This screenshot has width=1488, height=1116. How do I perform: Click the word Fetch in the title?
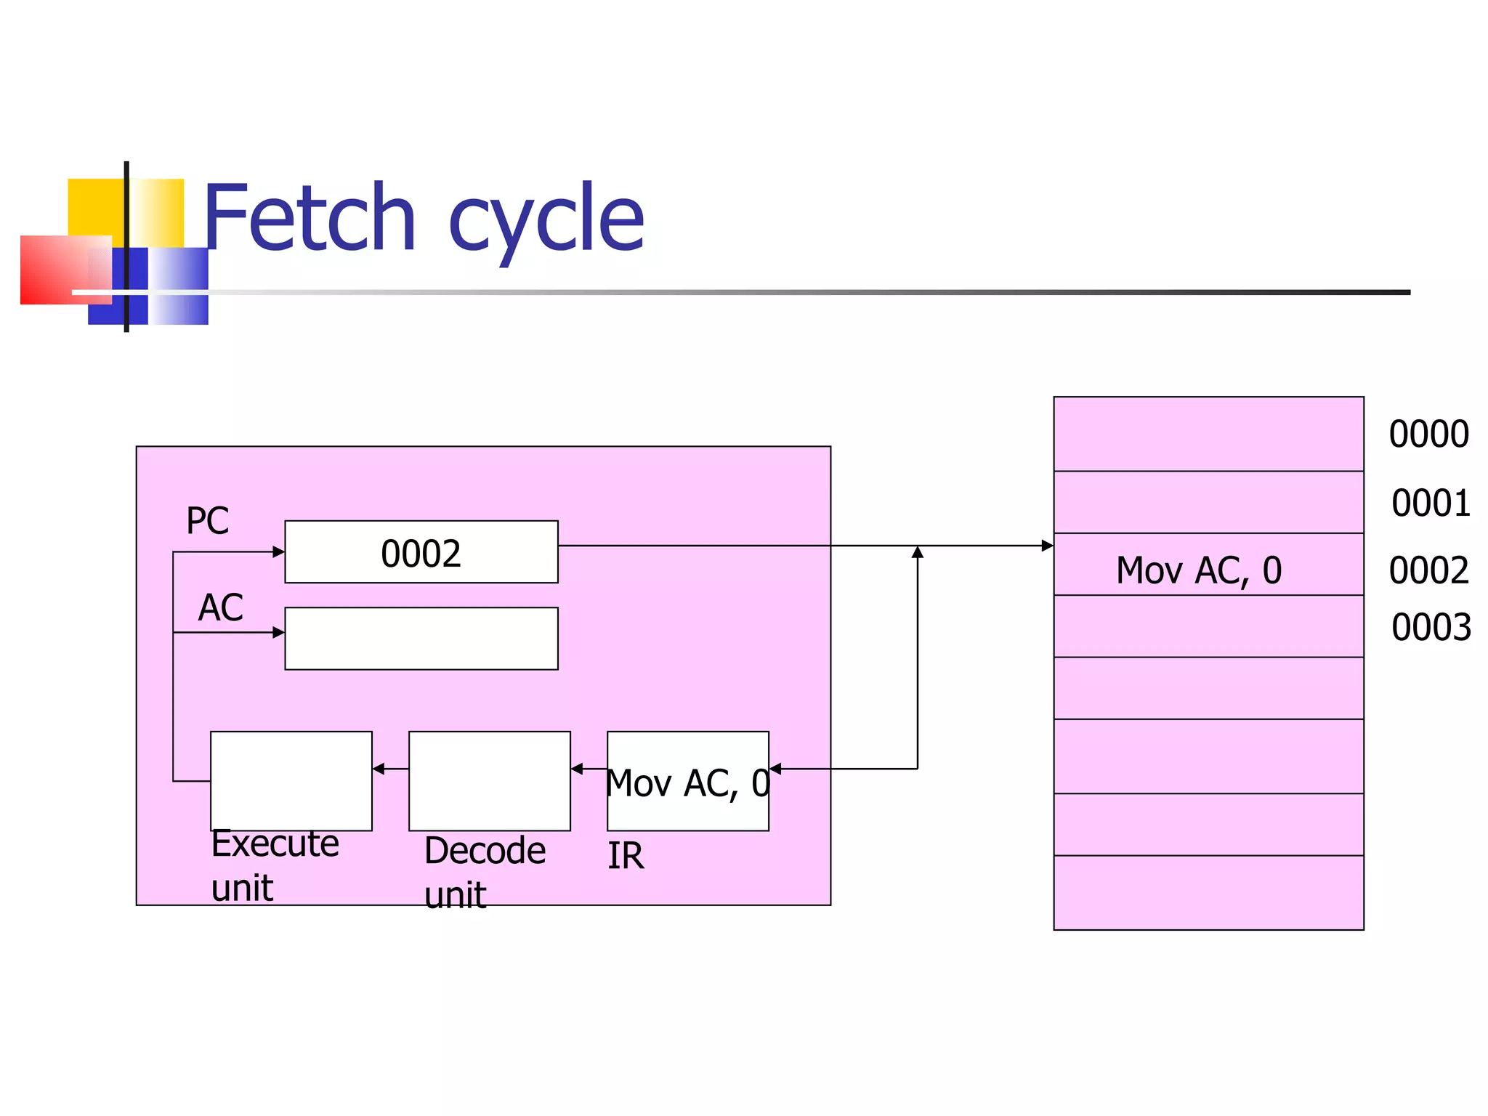(310, 218)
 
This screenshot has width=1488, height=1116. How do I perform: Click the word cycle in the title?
(546, 222)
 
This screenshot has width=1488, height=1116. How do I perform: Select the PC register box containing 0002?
(421, 552)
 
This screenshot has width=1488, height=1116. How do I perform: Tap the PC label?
(207, 520)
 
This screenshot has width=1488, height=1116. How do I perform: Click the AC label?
(221, 607)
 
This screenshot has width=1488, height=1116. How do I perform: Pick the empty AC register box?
(421, 638)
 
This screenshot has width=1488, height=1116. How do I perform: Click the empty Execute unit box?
(291, 780)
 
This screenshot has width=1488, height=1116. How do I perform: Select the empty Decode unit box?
(489, 780)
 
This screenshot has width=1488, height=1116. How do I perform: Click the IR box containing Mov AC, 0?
(687, 782)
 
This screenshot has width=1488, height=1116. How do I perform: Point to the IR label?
(626, 856)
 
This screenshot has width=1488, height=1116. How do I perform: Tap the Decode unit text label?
(484, 872)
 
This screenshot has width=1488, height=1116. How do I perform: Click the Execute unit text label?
(274, 865)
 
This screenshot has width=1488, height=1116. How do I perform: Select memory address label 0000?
(1428, 434)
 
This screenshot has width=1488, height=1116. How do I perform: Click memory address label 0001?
(1431, 503)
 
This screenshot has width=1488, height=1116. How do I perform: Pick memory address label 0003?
(1431, 627)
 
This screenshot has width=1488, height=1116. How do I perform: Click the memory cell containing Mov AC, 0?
(1208, 565)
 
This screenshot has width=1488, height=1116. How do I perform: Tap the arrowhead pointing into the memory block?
(1047, 546)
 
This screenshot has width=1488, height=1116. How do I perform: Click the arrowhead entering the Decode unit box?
(577, 769)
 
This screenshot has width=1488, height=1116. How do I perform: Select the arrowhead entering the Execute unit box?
(379, 769)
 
